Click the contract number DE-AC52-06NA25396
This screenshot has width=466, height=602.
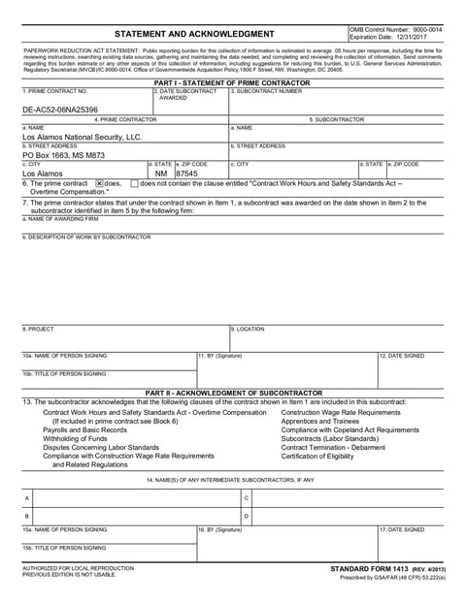coord(60,110)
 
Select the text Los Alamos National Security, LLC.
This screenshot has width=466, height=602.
coord(83,138)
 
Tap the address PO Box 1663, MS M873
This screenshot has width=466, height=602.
coord(64,154)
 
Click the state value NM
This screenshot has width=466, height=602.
coord(160,173)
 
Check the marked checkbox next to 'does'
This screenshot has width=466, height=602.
coord(99,183)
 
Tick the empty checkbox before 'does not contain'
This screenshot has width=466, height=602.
coord(134,183)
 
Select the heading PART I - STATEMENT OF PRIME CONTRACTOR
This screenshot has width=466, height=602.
coord(233,83)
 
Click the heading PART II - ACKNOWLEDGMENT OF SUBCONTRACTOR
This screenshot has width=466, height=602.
coord(233,393)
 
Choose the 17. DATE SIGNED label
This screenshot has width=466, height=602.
coord(401,529)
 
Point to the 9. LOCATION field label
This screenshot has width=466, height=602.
coord(248,330)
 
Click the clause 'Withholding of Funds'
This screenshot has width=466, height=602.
coord(76,438)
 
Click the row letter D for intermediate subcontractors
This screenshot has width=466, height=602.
coord(248,516)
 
